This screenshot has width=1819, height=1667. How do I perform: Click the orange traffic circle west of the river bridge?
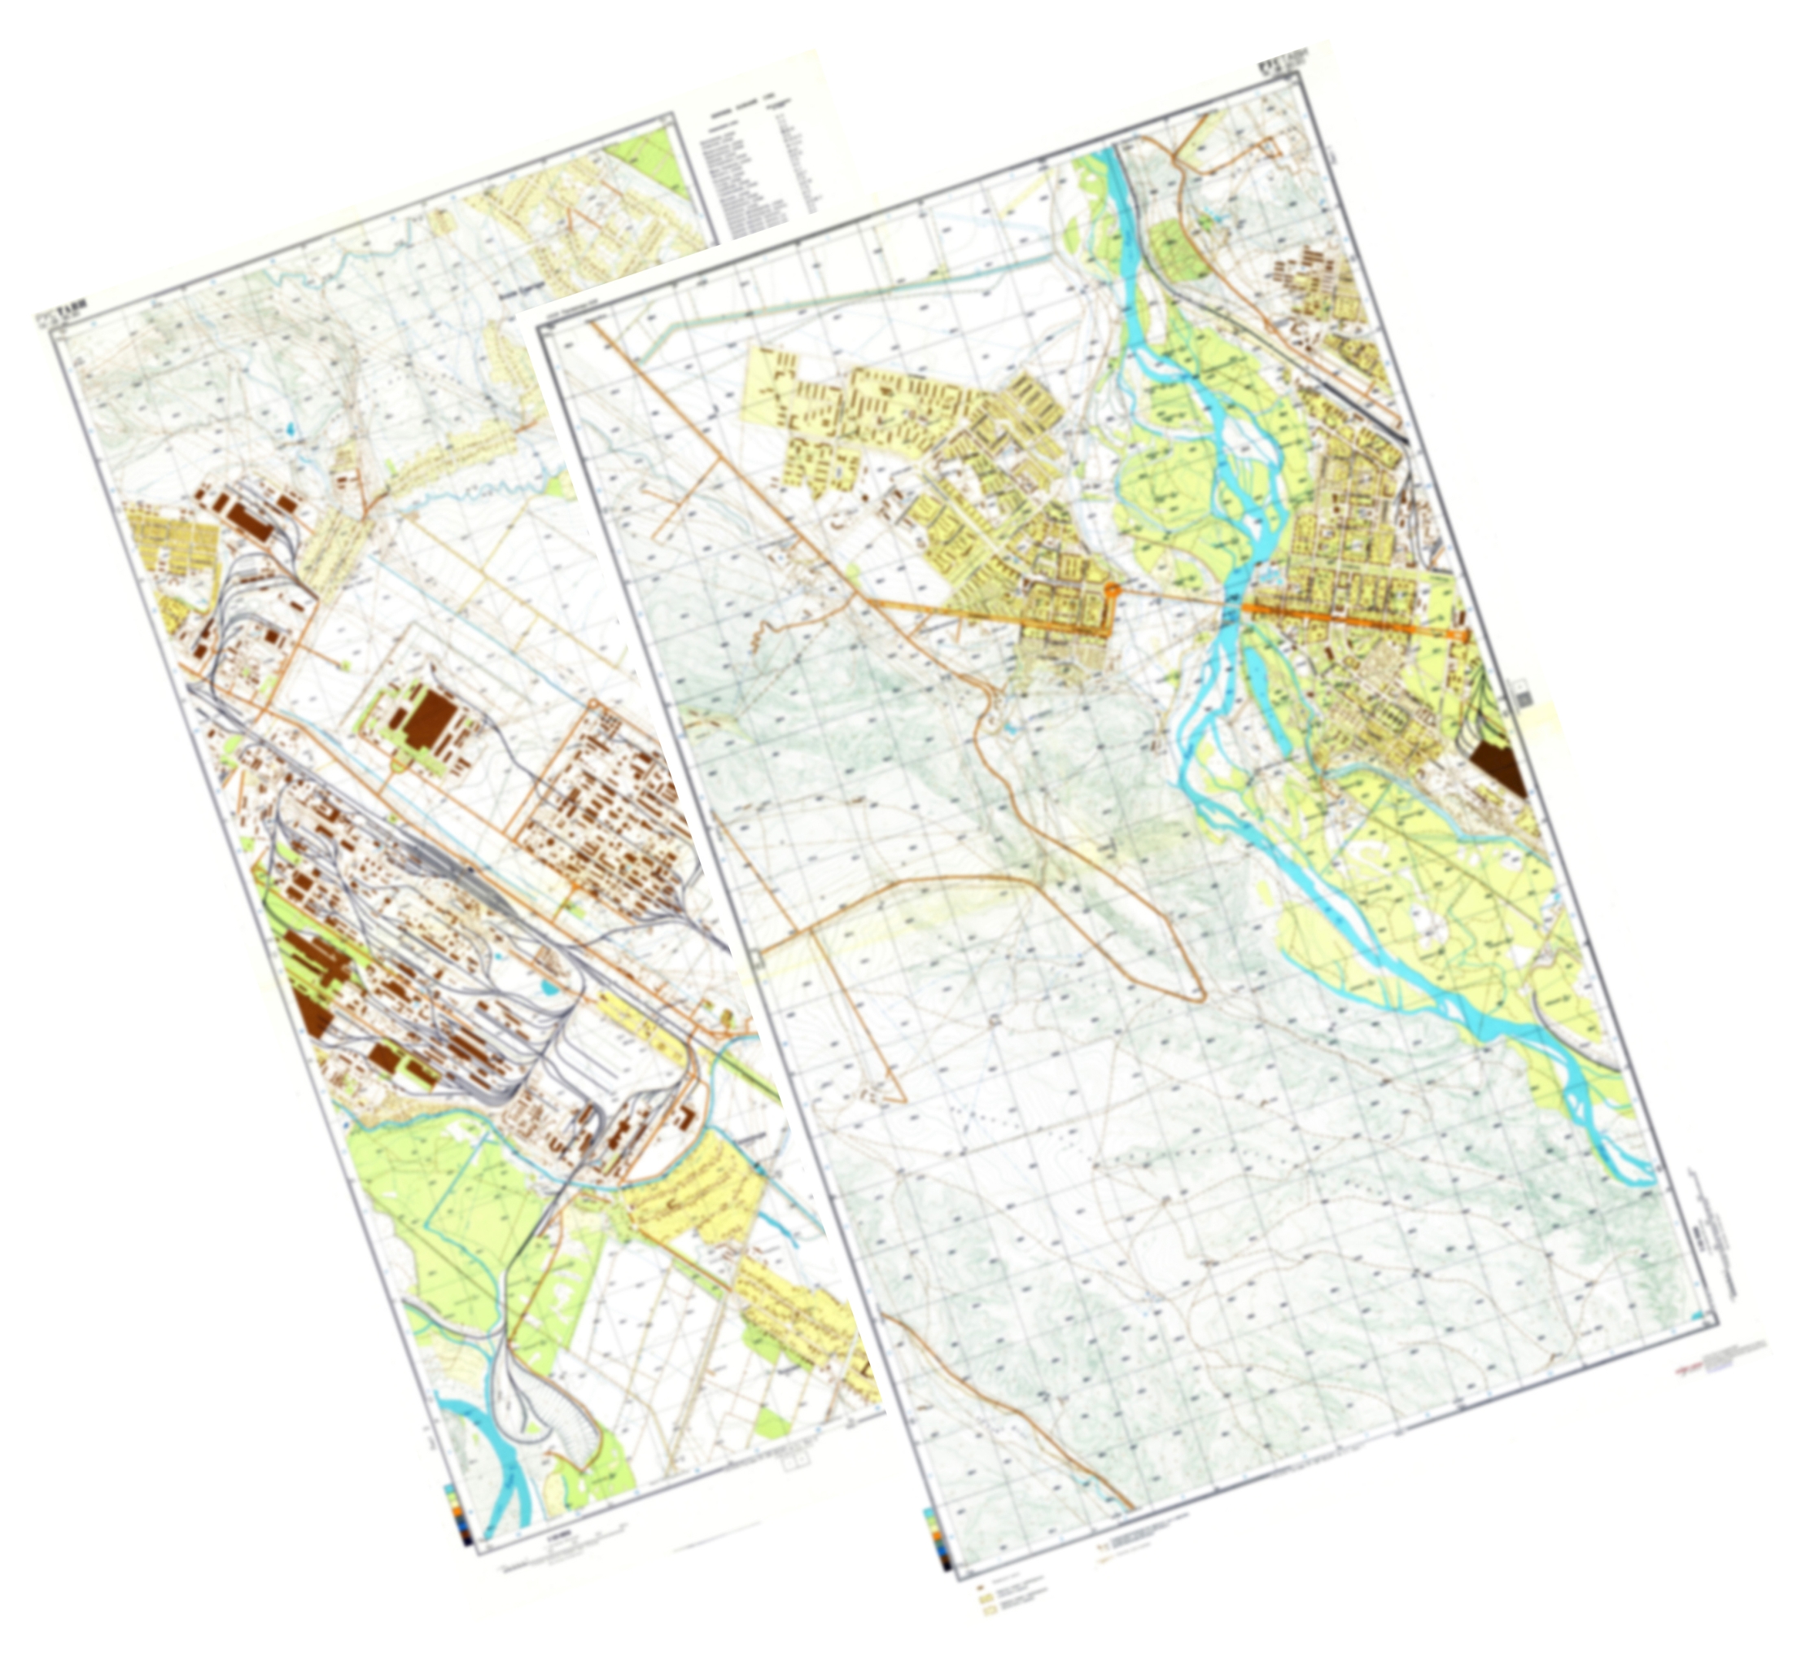1113,589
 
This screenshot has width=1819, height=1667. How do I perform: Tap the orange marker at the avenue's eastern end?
1459,636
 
